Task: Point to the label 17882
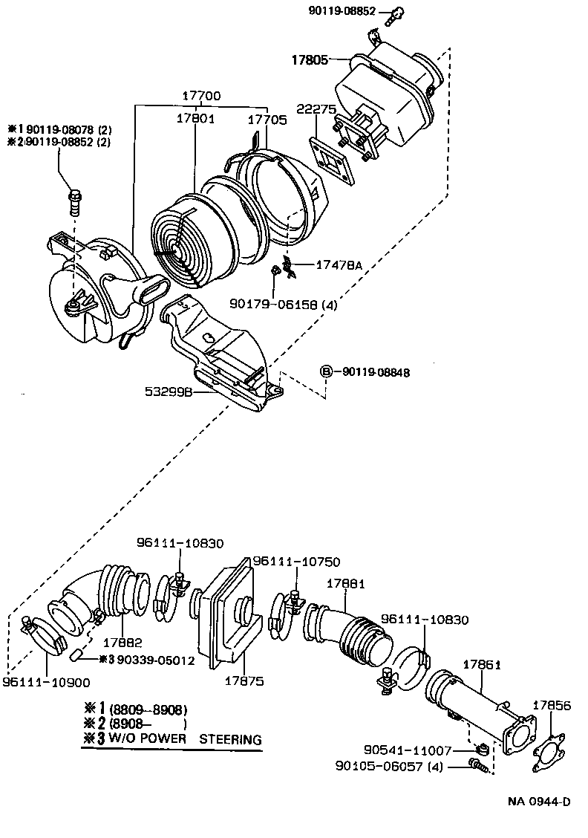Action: (x=122, y=643)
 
